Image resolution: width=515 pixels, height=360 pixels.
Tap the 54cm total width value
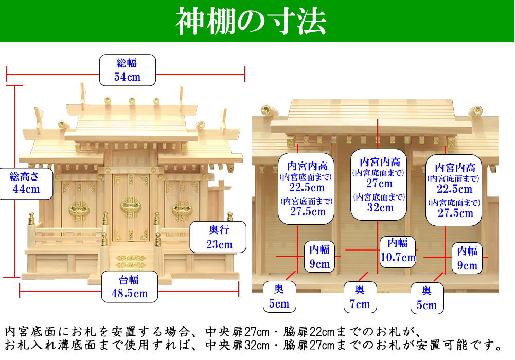pyautogui.click(x=127, y=78)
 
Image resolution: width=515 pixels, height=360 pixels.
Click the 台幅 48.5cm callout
pyautogui.click(x=129, y=286)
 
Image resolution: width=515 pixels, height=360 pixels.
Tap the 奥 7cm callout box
pyautogui.click(x=359, y=297)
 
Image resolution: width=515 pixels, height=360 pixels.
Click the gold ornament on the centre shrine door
pyautogui.click(x=129, y=207)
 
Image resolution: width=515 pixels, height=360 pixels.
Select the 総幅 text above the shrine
pyautogui.click(x=127, y=63)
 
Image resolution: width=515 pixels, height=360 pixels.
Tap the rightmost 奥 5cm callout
pyautogui.click(x=426, y=298)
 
